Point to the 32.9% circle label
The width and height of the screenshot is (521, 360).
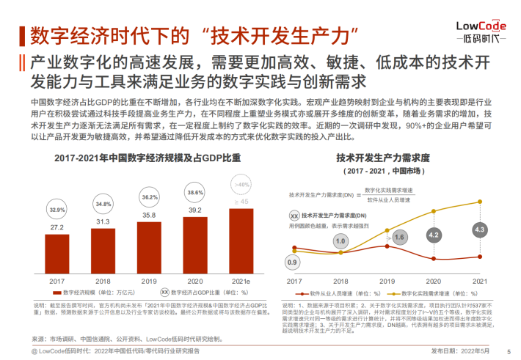click(x=57, y=209)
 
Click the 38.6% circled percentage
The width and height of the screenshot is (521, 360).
click(x=195, y=192)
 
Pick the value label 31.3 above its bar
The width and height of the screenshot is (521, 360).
click(x=103, y=221)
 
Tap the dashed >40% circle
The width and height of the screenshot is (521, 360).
click(x=241, y=184)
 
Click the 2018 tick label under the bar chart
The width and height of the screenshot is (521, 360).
click(x=103, y=281)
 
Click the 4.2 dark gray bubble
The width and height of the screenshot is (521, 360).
click(x=433, y=235)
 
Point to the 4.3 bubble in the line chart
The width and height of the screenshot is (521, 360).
click(x=480, y=229)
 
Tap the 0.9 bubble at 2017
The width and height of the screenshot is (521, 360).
click(x=293, y=262)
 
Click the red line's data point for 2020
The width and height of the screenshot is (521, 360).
click(x=433, y=256)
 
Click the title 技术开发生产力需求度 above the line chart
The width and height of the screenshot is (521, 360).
click(x=383, y=157)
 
